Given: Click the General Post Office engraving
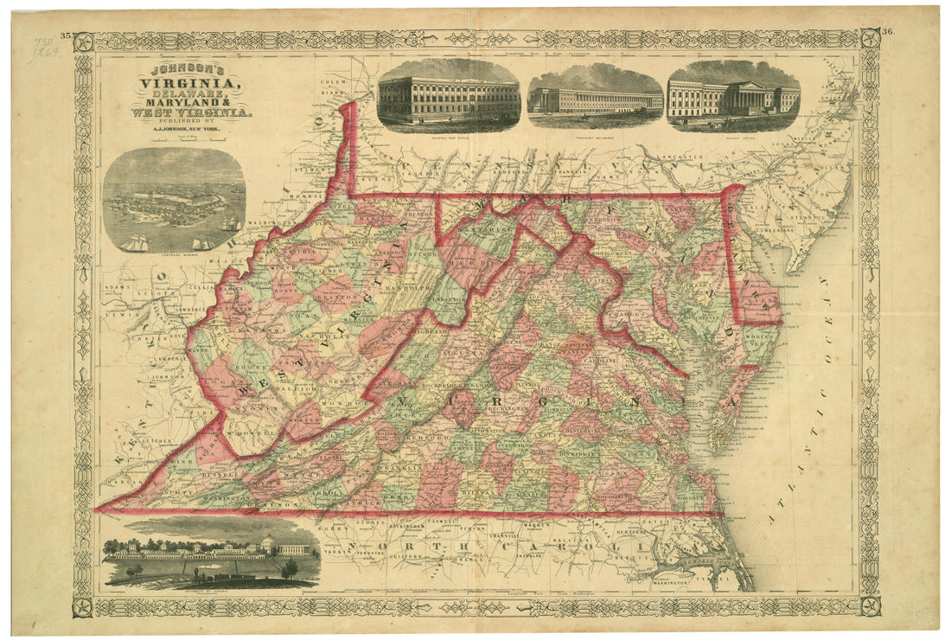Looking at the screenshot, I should point(448,92).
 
